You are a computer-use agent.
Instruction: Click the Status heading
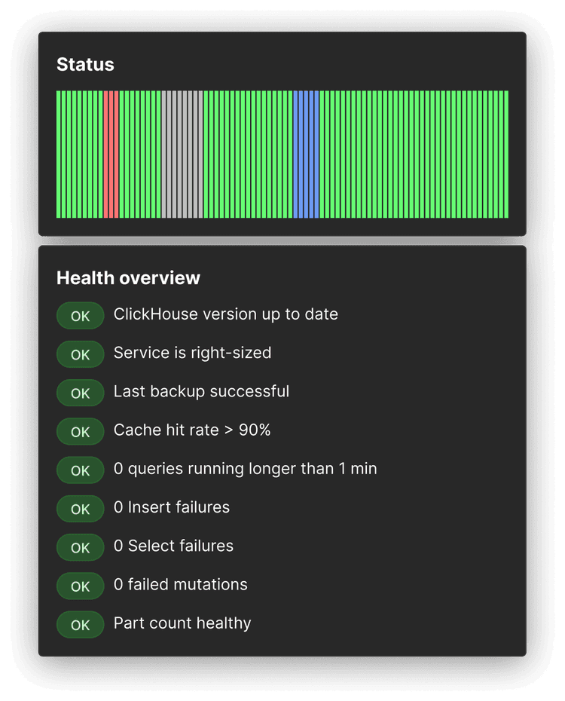[85, 65]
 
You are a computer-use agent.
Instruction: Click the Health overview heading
[128, 278]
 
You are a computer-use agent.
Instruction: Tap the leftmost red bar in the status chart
[105, 155]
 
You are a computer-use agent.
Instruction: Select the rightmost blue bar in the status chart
[316, 155]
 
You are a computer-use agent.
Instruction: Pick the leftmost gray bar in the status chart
[163, 155]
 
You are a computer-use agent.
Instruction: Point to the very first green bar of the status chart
[58, 155]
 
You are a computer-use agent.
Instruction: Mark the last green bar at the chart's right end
[506, 155]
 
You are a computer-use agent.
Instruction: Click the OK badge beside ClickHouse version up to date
[80, 317]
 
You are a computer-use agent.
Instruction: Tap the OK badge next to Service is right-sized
[80, 354]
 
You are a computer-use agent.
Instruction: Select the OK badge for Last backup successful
[80, 393]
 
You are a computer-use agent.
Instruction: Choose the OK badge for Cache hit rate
[80, 432]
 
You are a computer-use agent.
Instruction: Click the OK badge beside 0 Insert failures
[80, 509]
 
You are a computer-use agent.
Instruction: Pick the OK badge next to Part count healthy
[80, 625]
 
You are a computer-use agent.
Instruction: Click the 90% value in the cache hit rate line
[255, 430]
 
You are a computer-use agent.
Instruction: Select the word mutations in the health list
[212, 585]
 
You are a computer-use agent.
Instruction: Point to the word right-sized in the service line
[234, 353]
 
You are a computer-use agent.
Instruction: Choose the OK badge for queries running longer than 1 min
[80, 470]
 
